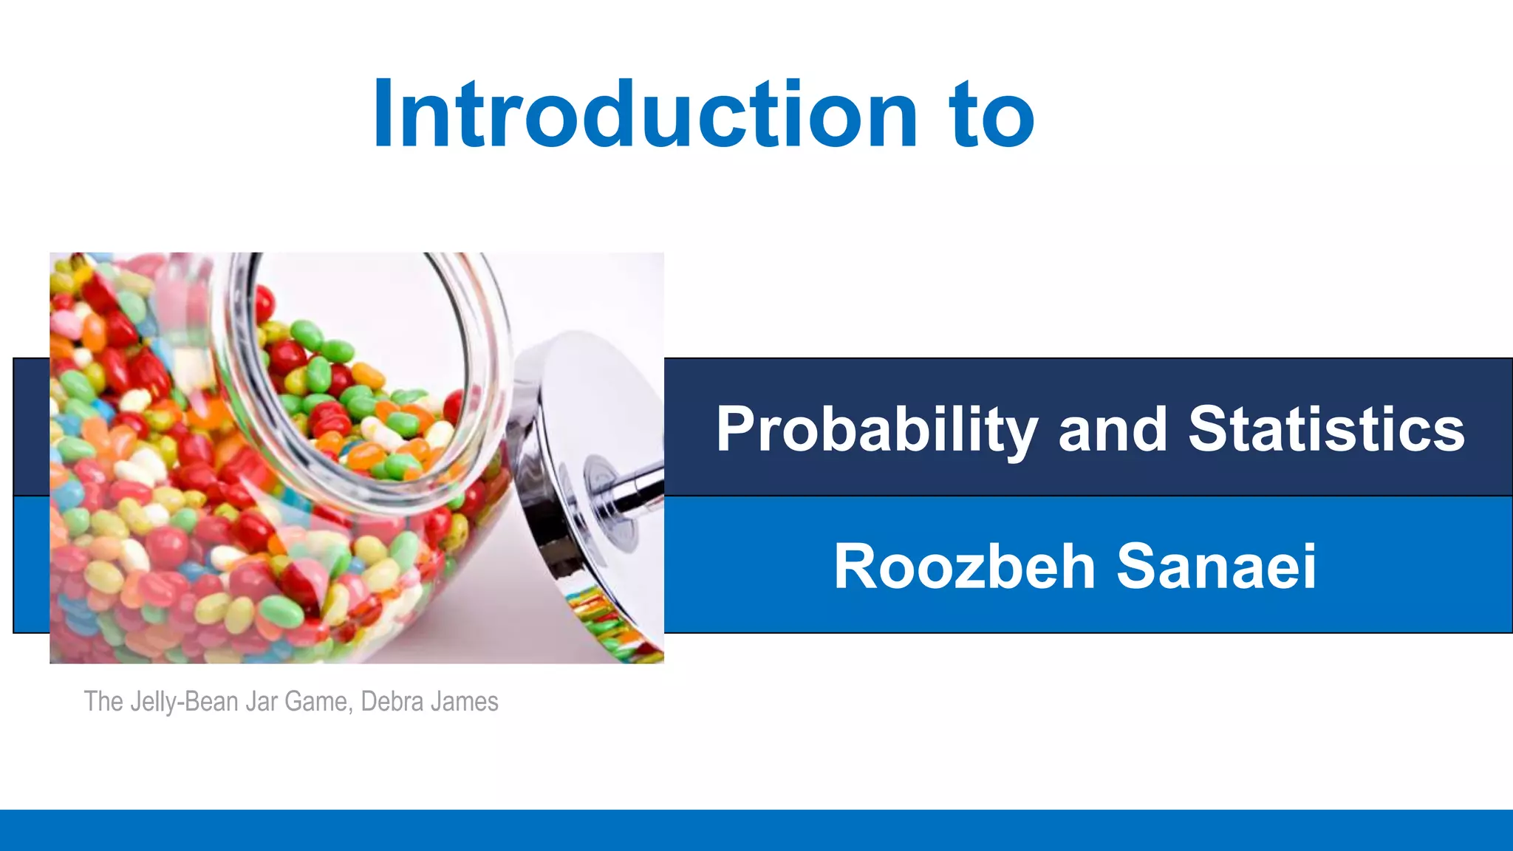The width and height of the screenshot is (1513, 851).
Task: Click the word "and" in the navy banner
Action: tap(1113, 430)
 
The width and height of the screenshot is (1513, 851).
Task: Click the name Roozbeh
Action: tap(964, 567)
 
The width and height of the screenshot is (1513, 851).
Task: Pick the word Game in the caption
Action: tap(315, 702)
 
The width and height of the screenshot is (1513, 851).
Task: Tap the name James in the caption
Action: tap(467, 702)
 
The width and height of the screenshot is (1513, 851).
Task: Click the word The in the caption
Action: tap(103, 702)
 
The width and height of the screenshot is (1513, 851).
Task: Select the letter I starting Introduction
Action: tap(383, 115)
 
